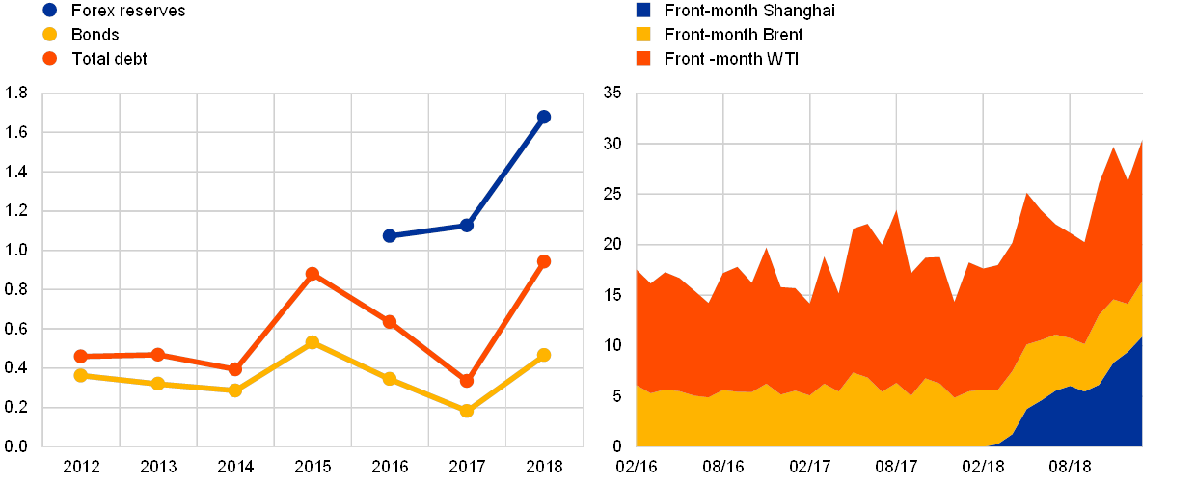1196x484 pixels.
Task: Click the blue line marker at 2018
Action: click(543, 117)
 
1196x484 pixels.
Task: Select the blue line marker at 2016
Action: click(390, 235)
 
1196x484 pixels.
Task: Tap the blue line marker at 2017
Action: click(467, 225)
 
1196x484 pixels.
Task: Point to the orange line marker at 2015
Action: click(312, 274)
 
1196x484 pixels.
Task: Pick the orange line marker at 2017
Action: click(467, 381)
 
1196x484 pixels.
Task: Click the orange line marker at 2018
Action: click(543, 261)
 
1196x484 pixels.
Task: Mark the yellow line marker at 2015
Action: click(312, 342)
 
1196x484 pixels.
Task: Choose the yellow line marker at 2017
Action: click(467, 411)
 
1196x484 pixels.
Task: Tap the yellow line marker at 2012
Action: click(81, 375)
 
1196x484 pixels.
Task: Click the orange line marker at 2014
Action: click(234, 369)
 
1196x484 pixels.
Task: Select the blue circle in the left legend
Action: click(50, 11)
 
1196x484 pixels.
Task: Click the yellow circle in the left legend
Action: click(50, 35)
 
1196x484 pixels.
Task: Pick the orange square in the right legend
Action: click(643, 59)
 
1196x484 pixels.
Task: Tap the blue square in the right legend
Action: click(643, 11)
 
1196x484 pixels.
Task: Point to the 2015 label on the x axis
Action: click(312, 467)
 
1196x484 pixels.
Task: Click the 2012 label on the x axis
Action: click(81, 467)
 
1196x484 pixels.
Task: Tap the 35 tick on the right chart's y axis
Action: click(612, 93)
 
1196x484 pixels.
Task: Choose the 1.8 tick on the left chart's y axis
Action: click(17, 93)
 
